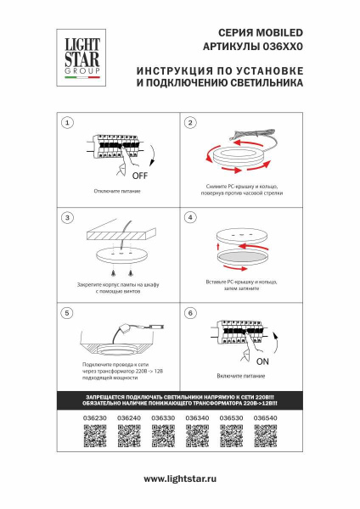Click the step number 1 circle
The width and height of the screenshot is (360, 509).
click(67, 123)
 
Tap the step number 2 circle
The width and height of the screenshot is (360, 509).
click(191, 123)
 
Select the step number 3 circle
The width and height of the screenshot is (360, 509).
click(67, 218)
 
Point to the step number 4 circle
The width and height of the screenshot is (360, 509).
click(191, 218)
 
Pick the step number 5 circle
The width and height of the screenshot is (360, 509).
click(67, 313)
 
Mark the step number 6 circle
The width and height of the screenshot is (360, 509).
click(191, 313)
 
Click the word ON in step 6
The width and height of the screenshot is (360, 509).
click(262, 360)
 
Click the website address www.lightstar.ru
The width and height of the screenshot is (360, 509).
click(179, 479)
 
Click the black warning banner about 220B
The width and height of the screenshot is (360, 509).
click(180, 400)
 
